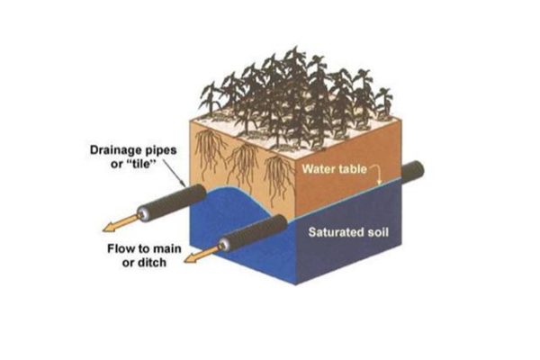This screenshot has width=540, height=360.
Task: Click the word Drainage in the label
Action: pyautogui.click(x=115, y=150)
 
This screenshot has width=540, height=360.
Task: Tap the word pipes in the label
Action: pyautogui.click(x=160, y=151)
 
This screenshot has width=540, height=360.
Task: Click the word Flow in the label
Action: pyautogui.click(x=119, y=248)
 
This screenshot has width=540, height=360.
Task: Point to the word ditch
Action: pyautogui.click(x=153, y=263)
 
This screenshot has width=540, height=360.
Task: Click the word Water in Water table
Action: pyautogui.click(x=317, y=169)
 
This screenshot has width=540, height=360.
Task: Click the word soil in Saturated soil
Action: pyautogui.click(x=375, y=232)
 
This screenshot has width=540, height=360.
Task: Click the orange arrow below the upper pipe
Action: pyautogui.click(x=122, y=222)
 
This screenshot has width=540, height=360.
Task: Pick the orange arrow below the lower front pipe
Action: pyautogui.click(x=203, y=254)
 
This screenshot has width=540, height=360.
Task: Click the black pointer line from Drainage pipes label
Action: pyautogui.click(x=173, y=174)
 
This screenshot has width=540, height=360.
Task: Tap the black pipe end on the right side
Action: pyautogui.click(x=412, y=172)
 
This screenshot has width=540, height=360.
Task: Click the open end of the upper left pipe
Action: pyautogui.click(x=144, y=214)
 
